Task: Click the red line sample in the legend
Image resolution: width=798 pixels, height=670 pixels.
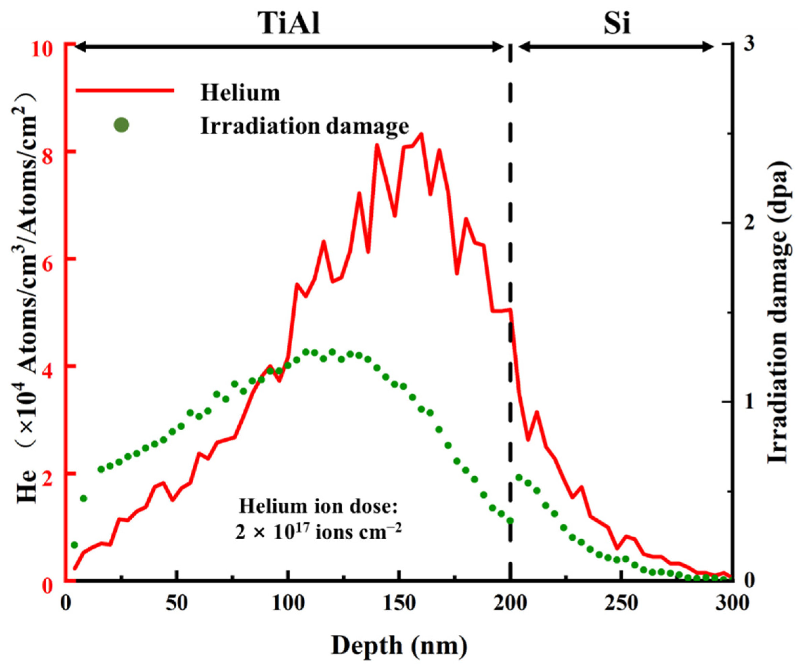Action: (125, 90)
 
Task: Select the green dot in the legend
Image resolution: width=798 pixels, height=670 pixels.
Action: (122, 125)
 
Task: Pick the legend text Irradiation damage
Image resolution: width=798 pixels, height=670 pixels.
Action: (304, 127)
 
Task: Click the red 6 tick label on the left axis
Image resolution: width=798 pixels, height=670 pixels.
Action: (48, 259)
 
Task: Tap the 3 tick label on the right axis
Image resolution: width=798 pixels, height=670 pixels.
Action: (749, 45)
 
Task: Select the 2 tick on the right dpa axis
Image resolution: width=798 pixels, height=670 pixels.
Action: (748, 223)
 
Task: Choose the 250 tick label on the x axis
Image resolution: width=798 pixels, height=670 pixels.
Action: (621, 604)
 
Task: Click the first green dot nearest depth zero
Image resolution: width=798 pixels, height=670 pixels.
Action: (74, 545)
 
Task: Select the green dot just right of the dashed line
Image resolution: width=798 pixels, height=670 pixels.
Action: (519, 478)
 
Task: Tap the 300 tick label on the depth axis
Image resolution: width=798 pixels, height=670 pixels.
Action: (732, 604)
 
